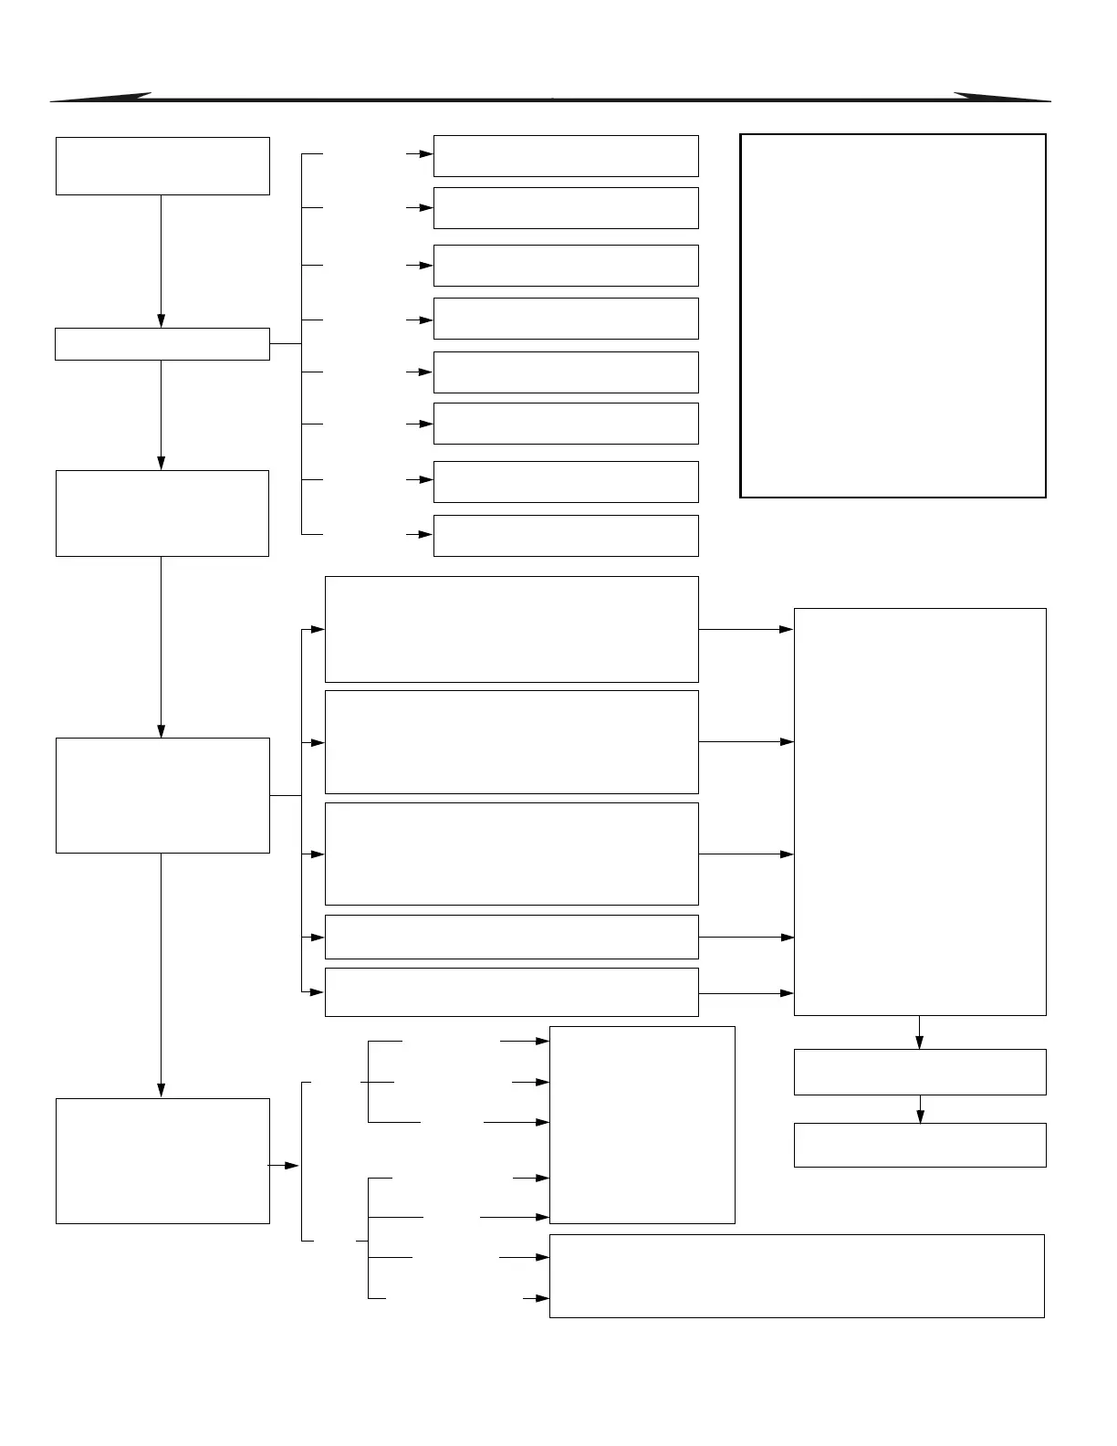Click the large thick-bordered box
click(x=893, y=316)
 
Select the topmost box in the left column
click(x=162, y=166)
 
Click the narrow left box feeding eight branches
click(x=162, y=344)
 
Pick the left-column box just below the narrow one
click(x=162, y=513)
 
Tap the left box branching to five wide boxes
click(x=162, y=795)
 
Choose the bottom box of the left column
click(x=162, y=1160)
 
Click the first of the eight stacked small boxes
click(x=566, y=156)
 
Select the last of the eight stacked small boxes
click(x=566, y=536)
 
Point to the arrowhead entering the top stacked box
click(x=426, y=154)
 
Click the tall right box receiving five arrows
click(x=920, y=812)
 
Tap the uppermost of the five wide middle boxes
click(x=511, y=629)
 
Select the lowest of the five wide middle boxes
click(x=511, y=992)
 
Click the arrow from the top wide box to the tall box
click(x=746, y=630)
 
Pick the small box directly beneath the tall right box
click(x=920, y=1072)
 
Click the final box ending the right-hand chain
click(x=920, y=1145)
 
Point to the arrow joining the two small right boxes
click(x=920, y=1109)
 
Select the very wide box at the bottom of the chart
click(x=797, y=1276)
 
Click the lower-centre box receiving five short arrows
click(x=642, y=1125)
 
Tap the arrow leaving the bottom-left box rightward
click(x=284, y=1166)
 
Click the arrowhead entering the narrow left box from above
click(x=162, y=320)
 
